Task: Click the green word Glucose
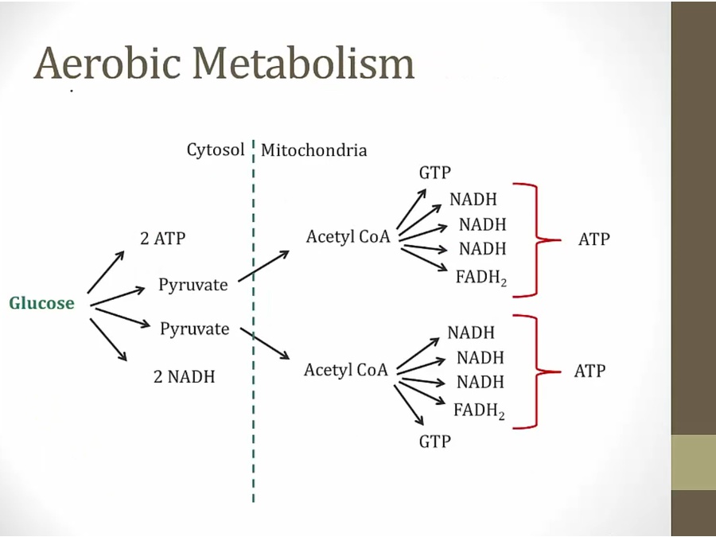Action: pos(41,303)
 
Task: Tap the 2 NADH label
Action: pos(184,376)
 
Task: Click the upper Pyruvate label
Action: pos(193,284)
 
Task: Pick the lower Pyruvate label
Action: pos(194,329)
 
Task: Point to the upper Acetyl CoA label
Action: pos(348,236)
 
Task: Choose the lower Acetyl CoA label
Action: pos(345,370)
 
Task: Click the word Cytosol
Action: pos(216,150)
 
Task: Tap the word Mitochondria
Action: pos(314,150)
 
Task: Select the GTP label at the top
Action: pos(434,173)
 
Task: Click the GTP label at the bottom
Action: pos(434,441)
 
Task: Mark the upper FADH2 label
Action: pos(481,276)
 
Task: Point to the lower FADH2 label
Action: pos(479,411)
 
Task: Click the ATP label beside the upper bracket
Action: pos(593,239)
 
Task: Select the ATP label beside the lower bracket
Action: pos(590,371)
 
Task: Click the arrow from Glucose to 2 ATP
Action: pos(106,271)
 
